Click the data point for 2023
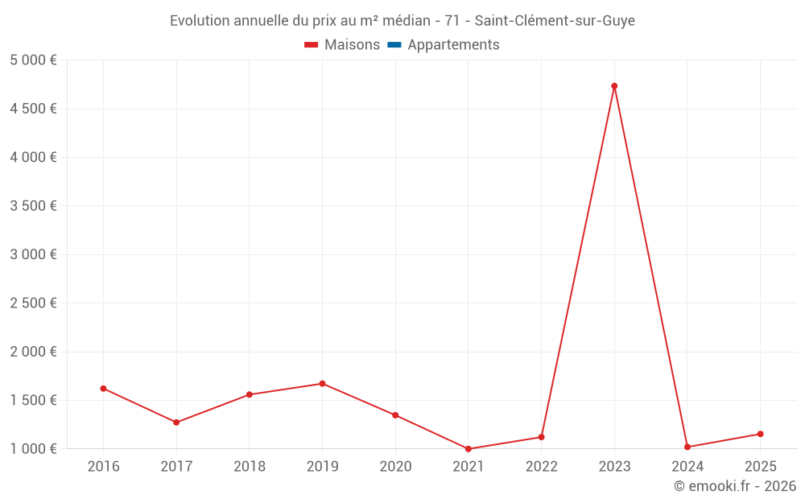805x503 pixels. [x=614, y=86]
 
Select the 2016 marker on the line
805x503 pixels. [x=103, y=389]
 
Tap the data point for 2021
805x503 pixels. [x=469, y=449]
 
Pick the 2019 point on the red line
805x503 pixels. [x=322, y=384]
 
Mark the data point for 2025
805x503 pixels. [x=760, y=434]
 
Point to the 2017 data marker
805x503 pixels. [x=176, y=423]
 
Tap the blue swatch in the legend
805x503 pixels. [x=394, y=45]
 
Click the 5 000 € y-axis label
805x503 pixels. [x=34, y=60]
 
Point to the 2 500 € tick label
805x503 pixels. [x=34, y=303]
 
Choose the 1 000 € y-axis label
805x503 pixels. [x=34, y=449]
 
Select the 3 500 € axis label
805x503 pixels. [x=34, y=206]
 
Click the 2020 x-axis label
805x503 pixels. [x=395, y=467]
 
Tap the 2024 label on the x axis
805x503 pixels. [x=687, y=467]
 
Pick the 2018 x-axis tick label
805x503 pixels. [x=249, y=467]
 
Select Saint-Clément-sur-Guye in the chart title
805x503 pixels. [x=555, y=21]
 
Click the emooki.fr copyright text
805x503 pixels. [x=735, y=486]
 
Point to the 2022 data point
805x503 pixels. [x=541, y=437]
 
